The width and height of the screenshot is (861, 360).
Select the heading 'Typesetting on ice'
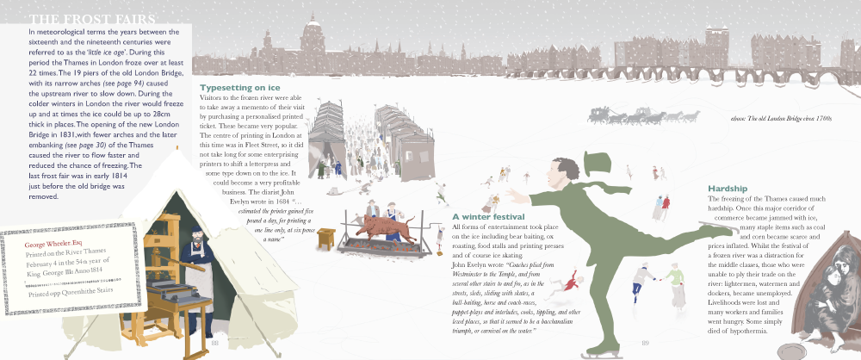pos(239,88)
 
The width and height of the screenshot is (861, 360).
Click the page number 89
pos(645,344)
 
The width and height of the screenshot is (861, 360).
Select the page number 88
pos(215,344)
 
